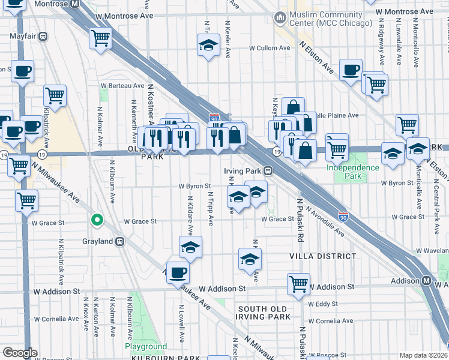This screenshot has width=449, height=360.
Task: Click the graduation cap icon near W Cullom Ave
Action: (208, 45)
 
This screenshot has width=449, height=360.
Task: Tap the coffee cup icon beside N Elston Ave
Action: (351, 70)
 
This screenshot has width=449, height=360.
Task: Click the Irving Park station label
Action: (250, 172)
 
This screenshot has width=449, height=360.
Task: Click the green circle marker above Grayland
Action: (96, 220)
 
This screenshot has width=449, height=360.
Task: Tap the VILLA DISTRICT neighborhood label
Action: (324, 256)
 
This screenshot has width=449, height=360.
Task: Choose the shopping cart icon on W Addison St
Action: (298, 284)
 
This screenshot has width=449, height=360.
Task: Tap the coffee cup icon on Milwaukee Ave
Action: (177, 273)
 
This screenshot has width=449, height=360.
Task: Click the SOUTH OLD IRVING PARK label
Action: (264, 313)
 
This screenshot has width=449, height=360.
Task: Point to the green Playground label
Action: (146, 347)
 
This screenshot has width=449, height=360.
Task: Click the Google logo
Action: (20, 353)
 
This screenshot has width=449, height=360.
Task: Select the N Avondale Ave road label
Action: (324, 220)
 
